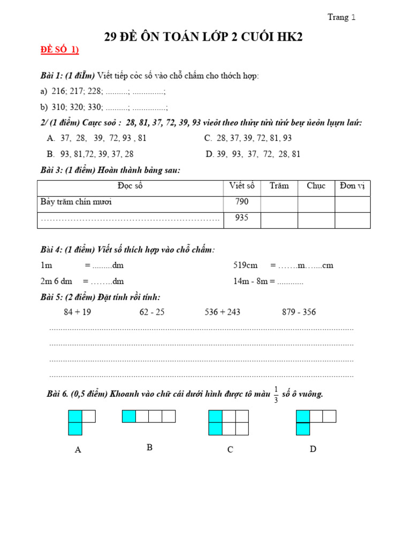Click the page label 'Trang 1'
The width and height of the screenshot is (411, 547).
(341, 17)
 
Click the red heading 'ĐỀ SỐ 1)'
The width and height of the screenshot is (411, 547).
(60, 50)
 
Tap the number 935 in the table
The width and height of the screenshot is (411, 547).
(241, 218)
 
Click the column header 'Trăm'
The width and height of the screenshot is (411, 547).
(279, 186)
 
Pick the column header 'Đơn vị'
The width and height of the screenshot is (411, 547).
(352, 186)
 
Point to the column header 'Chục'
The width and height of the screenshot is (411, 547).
(316, 186)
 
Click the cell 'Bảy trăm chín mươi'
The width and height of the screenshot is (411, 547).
(76, 202)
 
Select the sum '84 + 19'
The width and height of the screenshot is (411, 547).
(77, 312)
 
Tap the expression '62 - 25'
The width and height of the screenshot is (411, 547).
(152, 312)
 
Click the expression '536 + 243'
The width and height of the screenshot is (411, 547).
(222, 312)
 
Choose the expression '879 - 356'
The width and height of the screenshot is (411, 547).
(299, 312)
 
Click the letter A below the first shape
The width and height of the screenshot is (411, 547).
(78, 450)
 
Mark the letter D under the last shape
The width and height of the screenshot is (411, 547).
(313, 449)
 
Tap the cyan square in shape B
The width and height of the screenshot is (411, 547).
(129, 416)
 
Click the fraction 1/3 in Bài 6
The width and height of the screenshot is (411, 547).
(276, 394)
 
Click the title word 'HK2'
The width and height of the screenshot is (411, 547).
(294, 37)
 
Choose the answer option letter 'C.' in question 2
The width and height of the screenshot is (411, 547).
(208, 138)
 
